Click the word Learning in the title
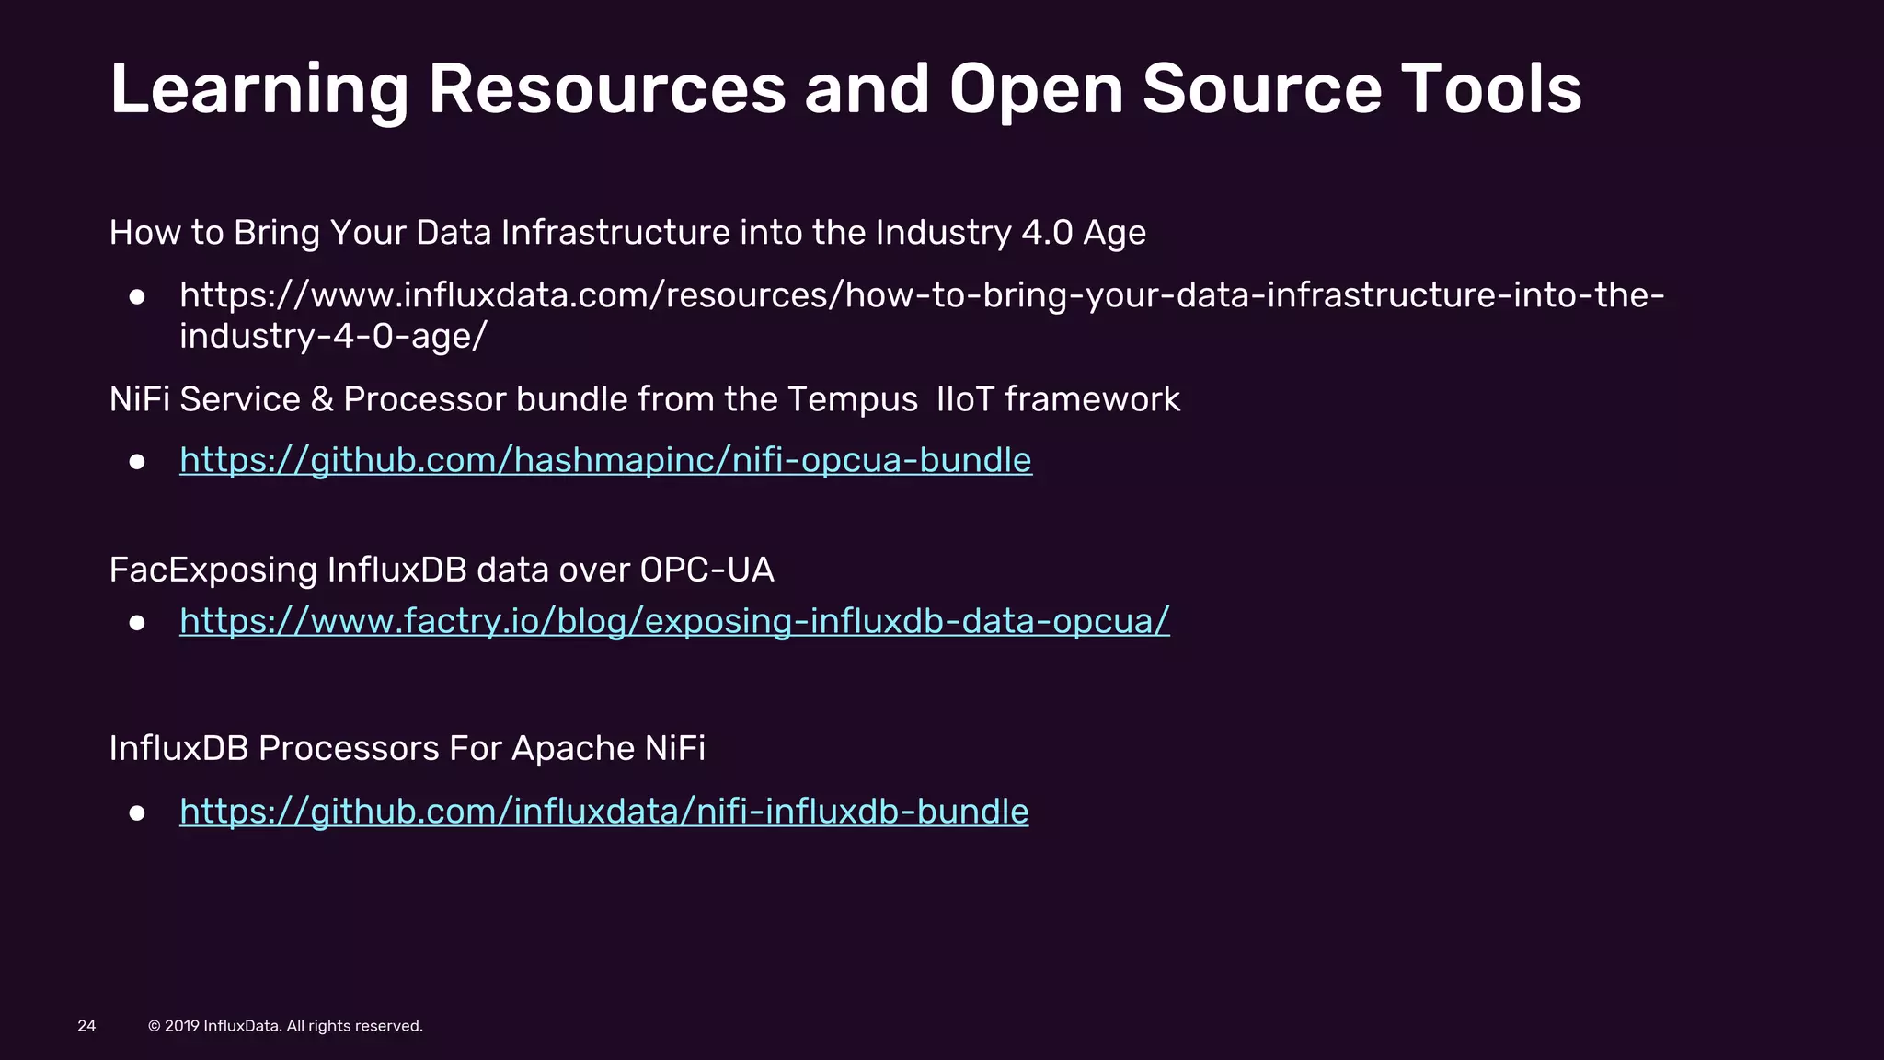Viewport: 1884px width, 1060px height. [x=258, y=90]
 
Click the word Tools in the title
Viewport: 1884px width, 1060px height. [x=1490, y=90]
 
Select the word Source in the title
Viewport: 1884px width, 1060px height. [x=1261, y=90]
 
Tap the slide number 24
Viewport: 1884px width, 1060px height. [x=86, y=1026]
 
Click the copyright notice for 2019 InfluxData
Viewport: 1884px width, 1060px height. [x=285, y=1026]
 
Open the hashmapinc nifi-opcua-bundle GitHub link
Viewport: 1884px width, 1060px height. [x=605, y=460]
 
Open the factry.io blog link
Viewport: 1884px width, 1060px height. [x=674, y=621]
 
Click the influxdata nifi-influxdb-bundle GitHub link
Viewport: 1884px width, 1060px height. [x=603, y=812]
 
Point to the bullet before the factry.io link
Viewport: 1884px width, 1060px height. [x=137, y=624]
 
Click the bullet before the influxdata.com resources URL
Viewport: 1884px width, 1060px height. [x=137, y=297]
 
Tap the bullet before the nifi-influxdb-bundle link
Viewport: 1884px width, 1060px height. [x=137, y=813]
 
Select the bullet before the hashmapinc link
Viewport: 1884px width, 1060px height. [x=137, y=462]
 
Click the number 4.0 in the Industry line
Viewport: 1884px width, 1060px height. [x=1047, y=233]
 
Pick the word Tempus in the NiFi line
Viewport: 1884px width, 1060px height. [x=852, y=400]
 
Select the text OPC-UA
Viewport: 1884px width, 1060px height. [x=706, y=570]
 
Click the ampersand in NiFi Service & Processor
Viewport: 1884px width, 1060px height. [x=322, y=400]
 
